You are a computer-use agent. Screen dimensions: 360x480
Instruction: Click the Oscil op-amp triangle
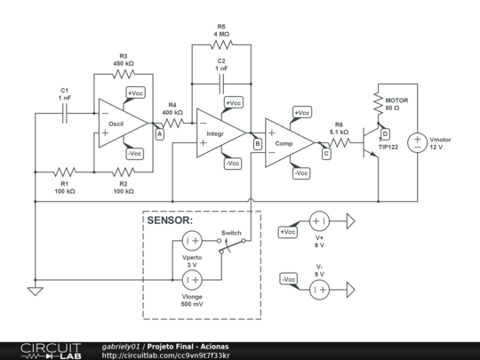click(121, 124)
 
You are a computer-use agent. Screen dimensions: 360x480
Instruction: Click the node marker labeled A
click(159, 134)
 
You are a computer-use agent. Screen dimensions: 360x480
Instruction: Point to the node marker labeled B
click(257, 143)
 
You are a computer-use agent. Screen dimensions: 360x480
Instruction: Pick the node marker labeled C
click(325, 153)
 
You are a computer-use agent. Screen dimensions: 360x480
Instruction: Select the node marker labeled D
click(385, 134)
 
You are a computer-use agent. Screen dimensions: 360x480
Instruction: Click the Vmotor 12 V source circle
click(415, 143)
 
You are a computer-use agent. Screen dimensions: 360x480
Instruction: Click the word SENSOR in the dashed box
click(169, 220)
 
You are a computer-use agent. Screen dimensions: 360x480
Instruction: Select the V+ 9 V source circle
click(319, 221)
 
